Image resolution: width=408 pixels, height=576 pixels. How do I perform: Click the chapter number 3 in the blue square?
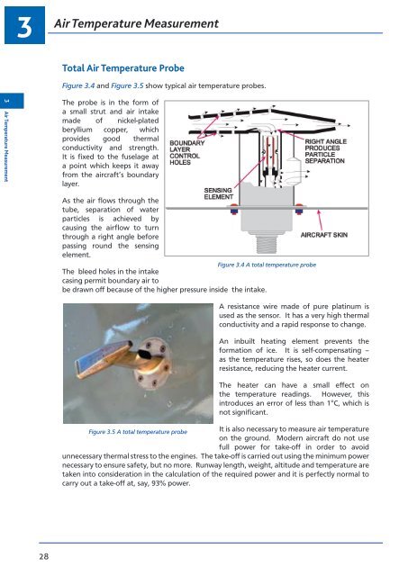(x=24, y=28)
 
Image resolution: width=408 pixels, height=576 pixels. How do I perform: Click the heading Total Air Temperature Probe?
(x=123, y=68)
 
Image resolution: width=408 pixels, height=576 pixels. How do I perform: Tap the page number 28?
(x=44, y=556)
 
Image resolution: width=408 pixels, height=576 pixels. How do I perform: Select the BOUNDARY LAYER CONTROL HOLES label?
(x=186, y=152)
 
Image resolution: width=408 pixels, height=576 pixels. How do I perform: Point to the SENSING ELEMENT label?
(x=218, y=193)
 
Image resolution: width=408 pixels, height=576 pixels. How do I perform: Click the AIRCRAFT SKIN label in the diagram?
(x=324, y=235)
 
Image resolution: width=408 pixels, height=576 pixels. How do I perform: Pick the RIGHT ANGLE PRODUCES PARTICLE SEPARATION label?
(x=325, y=151)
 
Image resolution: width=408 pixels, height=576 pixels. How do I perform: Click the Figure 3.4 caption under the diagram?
(x=267, y=265)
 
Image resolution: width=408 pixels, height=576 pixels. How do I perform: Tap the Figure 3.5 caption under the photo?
(x=138, y=432)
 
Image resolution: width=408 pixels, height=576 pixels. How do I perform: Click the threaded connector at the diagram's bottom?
(x=267, y=244)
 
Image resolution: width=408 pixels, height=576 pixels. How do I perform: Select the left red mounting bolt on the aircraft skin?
(x=234, y=209)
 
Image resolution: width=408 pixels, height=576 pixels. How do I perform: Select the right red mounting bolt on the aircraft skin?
(x=299, y=209)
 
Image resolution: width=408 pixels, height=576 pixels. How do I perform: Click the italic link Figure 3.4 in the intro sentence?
(x=78, y=85)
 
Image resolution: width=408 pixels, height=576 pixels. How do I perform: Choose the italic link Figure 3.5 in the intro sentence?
(x=127, y=85)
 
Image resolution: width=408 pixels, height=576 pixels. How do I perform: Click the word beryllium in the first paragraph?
(x=77, y=130)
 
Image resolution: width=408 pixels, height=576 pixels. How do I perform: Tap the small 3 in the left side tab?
(x=6, y=101)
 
